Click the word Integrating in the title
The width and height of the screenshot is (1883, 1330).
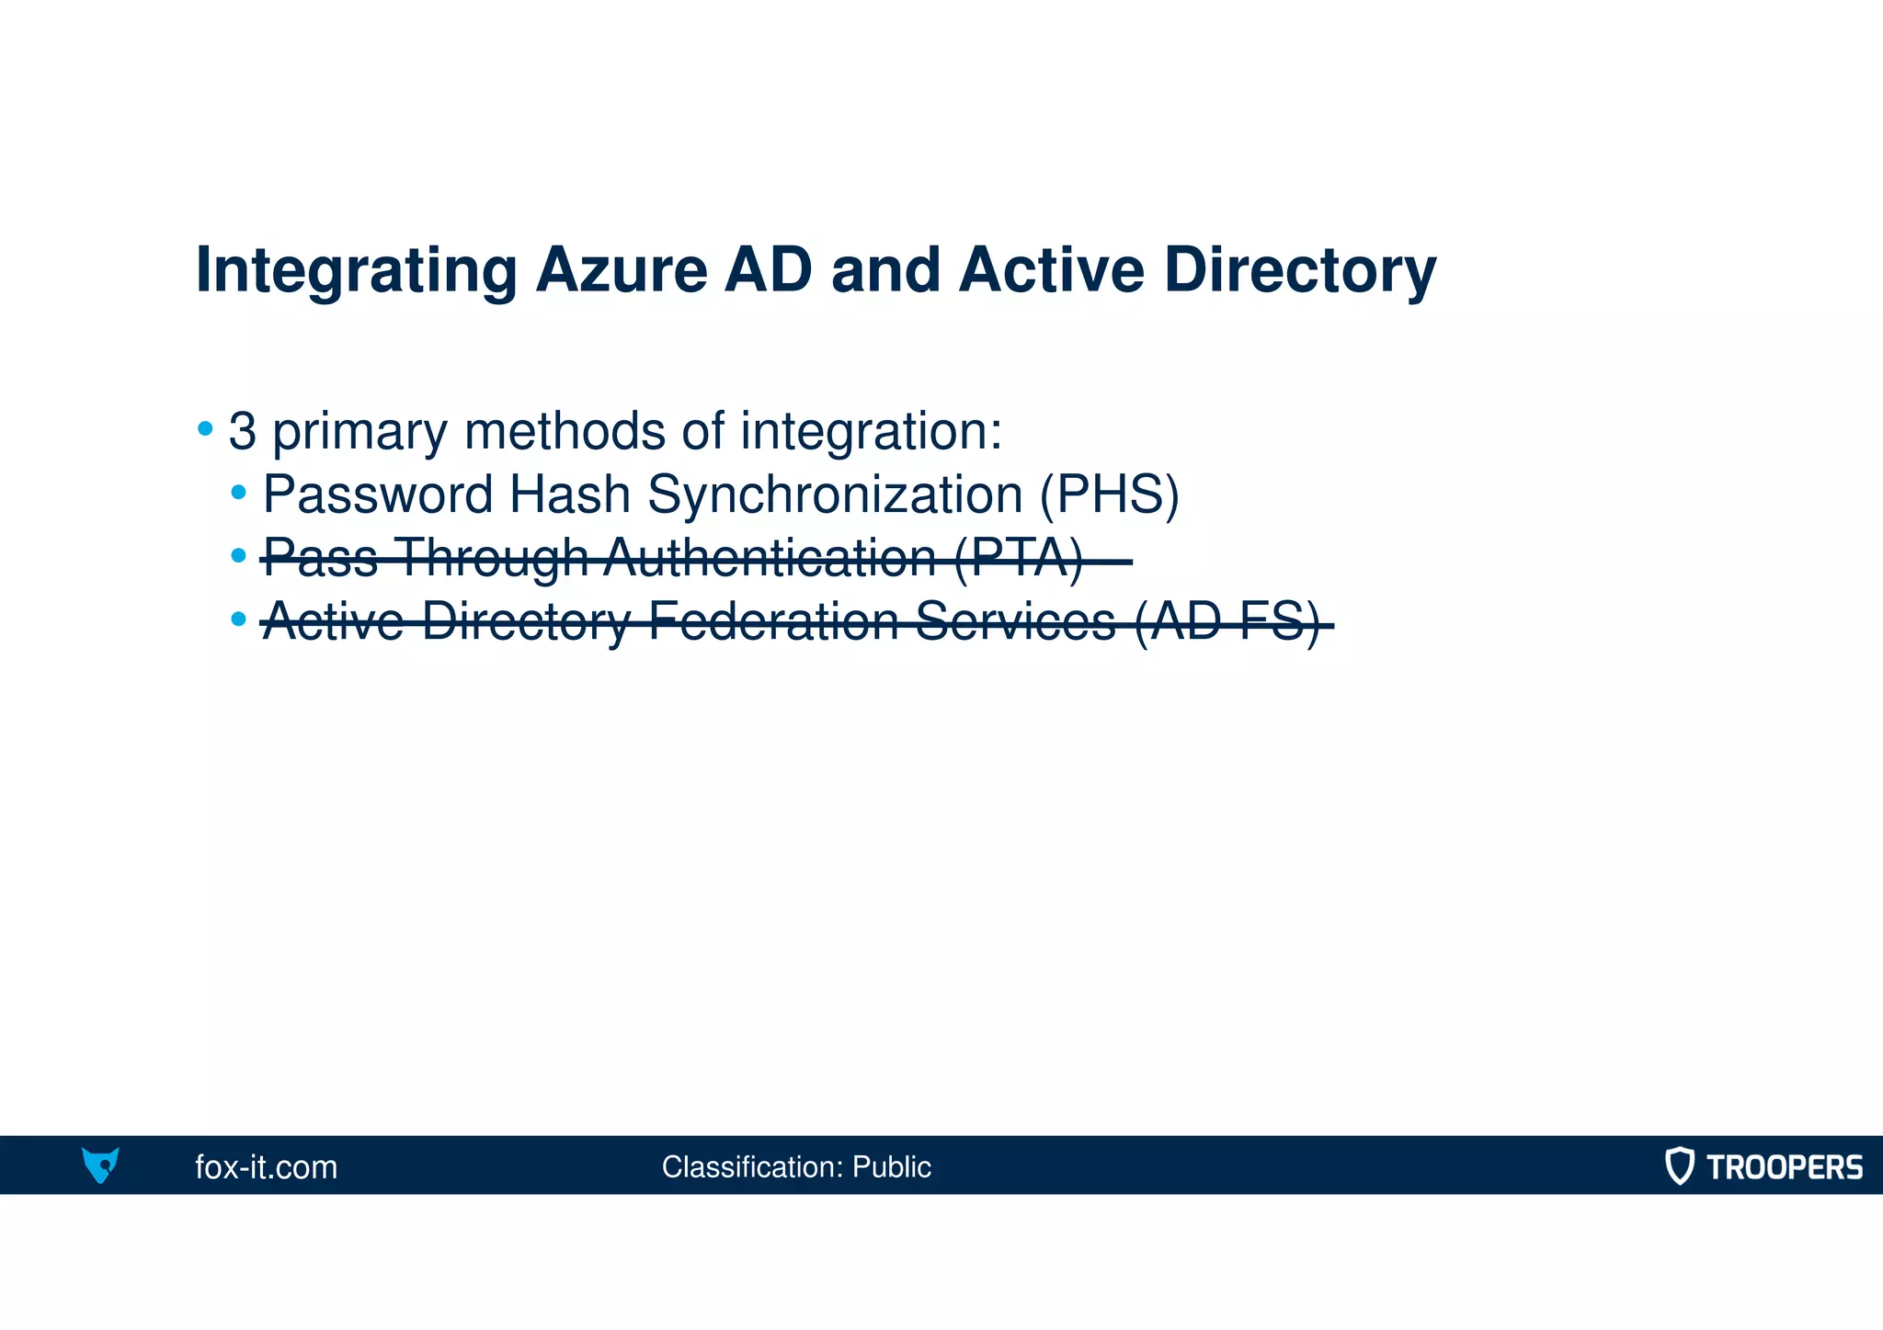(x=357, y=271)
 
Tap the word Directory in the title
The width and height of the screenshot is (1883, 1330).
(x=1299, y=271)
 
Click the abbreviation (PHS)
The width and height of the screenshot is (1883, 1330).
(x=1109, y=494)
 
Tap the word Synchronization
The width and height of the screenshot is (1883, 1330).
(x=835, y=494)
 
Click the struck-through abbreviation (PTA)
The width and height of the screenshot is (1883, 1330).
(x=1018, y=558)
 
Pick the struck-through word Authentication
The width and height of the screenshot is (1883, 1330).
(x=770, y=558)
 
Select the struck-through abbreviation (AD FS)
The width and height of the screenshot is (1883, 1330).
(x=1227, y=622)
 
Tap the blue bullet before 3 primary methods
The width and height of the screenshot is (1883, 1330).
(x=205, y=428)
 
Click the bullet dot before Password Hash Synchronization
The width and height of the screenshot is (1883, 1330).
(x=239, y=493)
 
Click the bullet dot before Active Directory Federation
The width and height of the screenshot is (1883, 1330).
(x=239, y=619)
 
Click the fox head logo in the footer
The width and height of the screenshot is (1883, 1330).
(x=100, y=1165)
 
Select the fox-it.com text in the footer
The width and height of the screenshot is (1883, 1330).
(x=266, y=1167)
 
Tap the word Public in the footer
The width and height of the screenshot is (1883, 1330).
(x=891, y=1167)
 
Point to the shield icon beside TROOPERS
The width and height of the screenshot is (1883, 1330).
(x=1679, y=1165)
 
